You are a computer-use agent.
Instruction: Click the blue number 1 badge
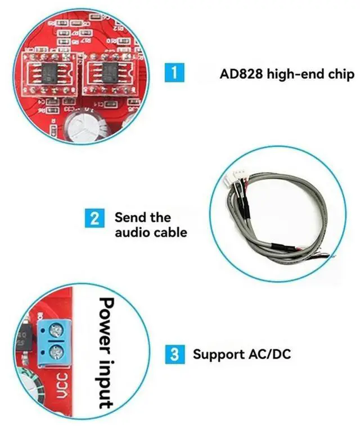[x=174, y=74]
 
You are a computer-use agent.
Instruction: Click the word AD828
[x=238, y=74]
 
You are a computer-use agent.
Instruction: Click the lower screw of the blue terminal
[x=56, y=353]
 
